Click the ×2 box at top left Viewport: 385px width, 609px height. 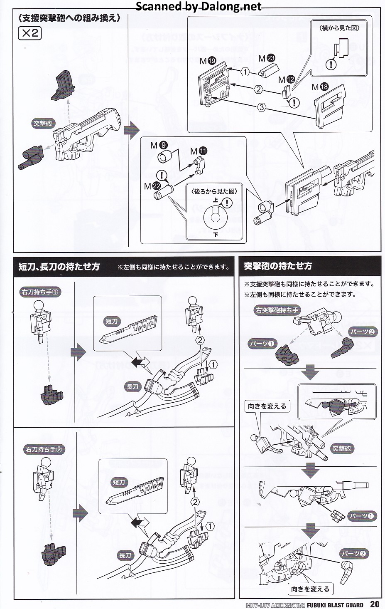pyautogui.click(x=30, y=33)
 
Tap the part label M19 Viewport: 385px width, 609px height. pyautogui.click(x=208, y=61)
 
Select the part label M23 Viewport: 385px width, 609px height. pyautogui.click(x=267, y=58)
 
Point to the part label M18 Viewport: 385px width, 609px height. pyautogui.click(x=320, y=87)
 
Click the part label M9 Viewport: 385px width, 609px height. pyautogui.click(x=159, y=145)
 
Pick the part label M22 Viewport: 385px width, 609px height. pyautogui.click(x=152, y=186)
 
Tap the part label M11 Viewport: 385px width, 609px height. pyautogui.click(x=199, y=151)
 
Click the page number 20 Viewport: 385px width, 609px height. pyautogui.click(x=374, y=604)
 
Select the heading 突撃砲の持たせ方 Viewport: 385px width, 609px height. pyautogui.click(x=278, y=266)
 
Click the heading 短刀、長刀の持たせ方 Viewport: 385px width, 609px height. pyautogui.click(x=59, y=267)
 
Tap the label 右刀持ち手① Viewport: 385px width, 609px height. pyautogui.click(x=41, y=292)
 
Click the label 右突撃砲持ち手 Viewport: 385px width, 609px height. pyautogui.click(x=277, y=310)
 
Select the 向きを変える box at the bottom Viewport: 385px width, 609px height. pyautogui.click(x=310, y=589)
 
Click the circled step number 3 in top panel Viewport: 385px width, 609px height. pyautogui.click(x=261, y=107)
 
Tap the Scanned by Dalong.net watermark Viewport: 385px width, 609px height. pyautogui.click(x=199, y=6)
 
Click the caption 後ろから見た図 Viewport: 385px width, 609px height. pyautogui.click(x=214, y=191)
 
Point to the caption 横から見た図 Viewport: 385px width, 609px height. pyautogui.click(x=339, y=28)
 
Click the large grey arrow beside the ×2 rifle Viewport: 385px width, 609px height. pyautogui.click(x=132, y=130)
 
